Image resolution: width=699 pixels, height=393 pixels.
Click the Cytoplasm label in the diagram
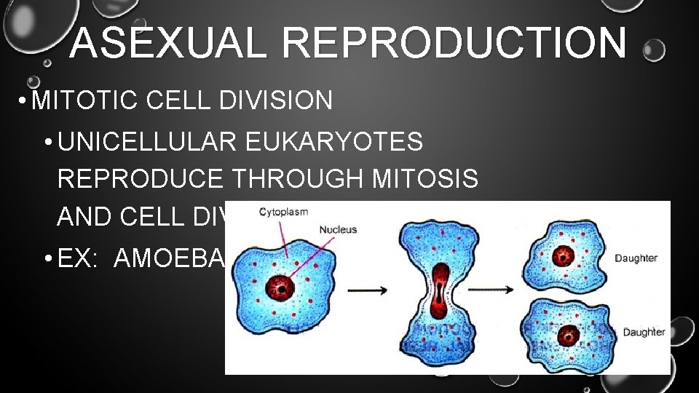[x=283, y=213]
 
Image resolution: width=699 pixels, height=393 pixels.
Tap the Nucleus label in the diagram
[x=338, y=229]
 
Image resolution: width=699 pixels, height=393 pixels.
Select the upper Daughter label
[x=636, y=258]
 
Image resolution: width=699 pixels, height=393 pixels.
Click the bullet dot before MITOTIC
[x=25, y=101]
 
